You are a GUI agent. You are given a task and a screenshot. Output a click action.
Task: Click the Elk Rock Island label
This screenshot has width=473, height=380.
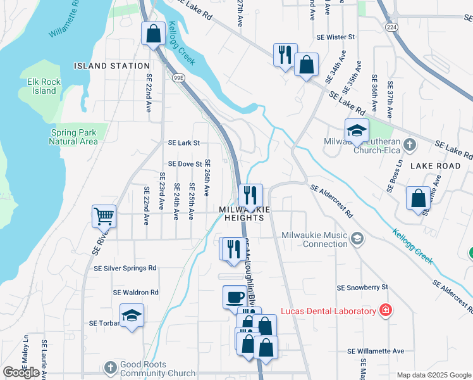coord(42,86)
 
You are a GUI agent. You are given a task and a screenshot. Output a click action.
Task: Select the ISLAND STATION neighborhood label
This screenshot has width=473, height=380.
coord(112,66)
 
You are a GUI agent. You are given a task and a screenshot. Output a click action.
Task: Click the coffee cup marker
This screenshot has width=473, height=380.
coord(235,296)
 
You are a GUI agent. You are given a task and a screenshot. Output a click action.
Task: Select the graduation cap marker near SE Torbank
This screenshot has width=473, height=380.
coord(132,315)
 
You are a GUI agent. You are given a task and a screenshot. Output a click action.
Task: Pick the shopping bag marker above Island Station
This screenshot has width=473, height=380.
coord(153,34)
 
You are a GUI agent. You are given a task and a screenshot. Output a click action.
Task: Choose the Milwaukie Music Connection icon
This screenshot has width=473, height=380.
coord(357,239)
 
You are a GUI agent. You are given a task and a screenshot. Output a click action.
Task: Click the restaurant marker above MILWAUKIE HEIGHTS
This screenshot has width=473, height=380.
coord(251,194)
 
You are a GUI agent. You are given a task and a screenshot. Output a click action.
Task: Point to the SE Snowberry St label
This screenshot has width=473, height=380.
coord(362,288)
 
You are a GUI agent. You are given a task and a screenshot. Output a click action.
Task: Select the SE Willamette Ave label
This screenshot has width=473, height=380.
coord(376,351)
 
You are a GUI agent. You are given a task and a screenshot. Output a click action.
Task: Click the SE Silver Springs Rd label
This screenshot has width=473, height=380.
coord(125,269)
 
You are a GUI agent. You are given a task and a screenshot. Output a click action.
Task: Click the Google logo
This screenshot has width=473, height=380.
coord(21,372)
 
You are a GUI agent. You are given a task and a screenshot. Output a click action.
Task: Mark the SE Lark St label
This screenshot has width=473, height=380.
coord(183,143)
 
